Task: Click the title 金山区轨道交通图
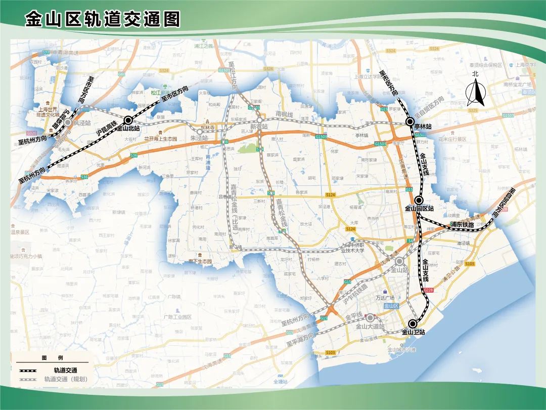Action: click(103, 19)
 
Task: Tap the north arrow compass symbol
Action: click(475, 93)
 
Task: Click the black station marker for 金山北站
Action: click(128, 120)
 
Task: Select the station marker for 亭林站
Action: click(410, 121)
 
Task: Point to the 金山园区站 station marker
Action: click(419, 200)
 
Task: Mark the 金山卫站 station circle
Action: click(413, 324)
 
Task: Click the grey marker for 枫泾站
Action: click(68, 122)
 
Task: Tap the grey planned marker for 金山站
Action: click(400, 261)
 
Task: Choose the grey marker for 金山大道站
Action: click(371, 318)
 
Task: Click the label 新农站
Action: click(259, 127)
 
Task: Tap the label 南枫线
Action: click(285, 114)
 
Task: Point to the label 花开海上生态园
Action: click(161, 139)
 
